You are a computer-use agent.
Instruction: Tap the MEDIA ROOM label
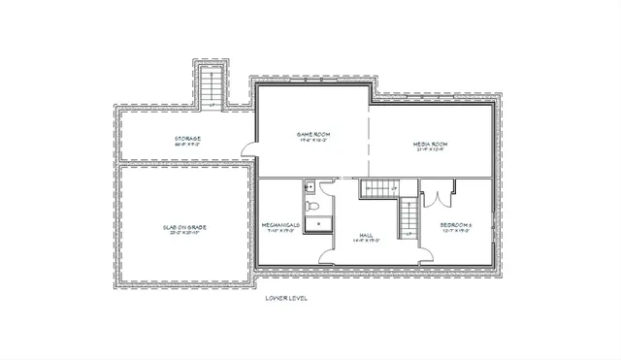430,144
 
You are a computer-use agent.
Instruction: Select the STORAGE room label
187,139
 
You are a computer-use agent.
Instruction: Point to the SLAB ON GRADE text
184,227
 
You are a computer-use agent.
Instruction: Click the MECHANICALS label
280,226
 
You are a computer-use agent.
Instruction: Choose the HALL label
366,235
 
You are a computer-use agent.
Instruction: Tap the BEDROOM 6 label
456,225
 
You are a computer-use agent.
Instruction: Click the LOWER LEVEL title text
286,298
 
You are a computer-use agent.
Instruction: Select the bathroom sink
308,188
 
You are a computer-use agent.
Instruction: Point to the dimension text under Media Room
430,150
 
